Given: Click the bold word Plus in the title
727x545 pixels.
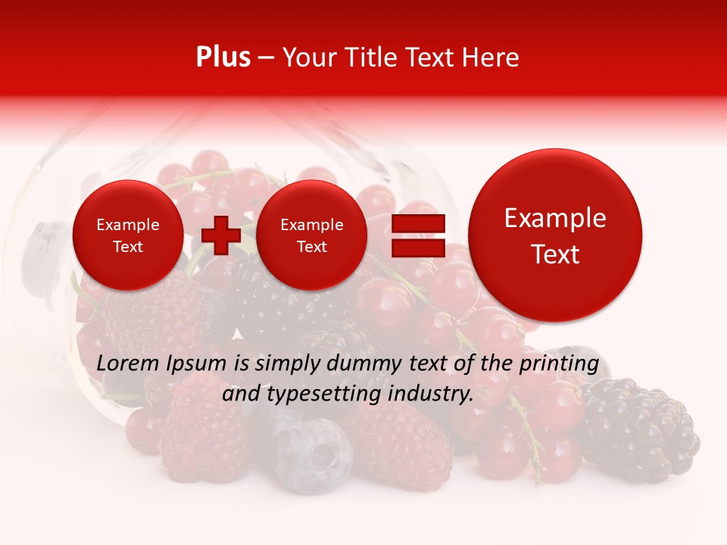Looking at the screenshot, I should pyautogui.click(x=223, y=58).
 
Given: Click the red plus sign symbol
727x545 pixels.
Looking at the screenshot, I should pyautogui.click(x=221, y=235).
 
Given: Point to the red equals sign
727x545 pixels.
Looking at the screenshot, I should pyautogui.click(x=417, y=235).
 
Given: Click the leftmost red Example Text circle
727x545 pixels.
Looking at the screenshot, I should pyautogui.click(x=128, y=235).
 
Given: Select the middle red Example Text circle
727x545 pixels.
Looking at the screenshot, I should pyautogui.click(x=311, y=235).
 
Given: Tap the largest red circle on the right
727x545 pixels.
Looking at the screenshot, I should pyautogui.click(x=555, y=235).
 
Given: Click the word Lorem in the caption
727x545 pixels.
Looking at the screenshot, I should pyautogui.click(x=127, y=364).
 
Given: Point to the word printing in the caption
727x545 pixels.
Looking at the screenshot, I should pyautogui.click(x=558, y=364).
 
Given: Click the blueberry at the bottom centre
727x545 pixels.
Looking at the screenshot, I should pyautogui.click(x=313, y=454).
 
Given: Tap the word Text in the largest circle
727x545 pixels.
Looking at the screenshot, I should pyautogui.click(x=555, y=254).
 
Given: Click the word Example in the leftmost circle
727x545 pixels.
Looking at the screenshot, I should pyautogui.click(x=128, y=225).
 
